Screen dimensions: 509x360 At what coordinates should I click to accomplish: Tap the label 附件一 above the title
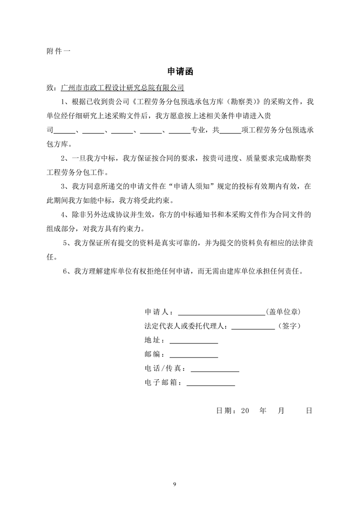pyautogui.click(x=58, y=51)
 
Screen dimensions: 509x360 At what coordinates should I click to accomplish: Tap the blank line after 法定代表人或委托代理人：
pyautogui.click(x=252, y=326)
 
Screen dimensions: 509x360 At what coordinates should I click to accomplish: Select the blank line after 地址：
pyautogui.click(x=193, y=340)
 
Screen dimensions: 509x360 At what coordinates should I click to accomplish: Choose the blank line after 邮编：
pyautogui.click(x=193, y=354)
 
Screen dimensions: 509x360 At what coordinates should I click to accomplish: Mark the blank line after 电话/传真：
pyautogui.click(x=215, y=369)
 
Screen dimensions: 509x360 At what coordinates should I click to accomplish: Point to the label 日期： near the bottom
pyautogui.click(x=226, y=410)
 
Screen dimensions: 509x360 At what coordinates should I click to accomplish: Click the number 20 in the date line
pyautogui.click(x=246, y=410)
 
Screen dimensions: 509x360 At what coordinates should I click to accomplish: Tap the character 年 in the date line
pyautogui.click(x=262, y=410)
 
